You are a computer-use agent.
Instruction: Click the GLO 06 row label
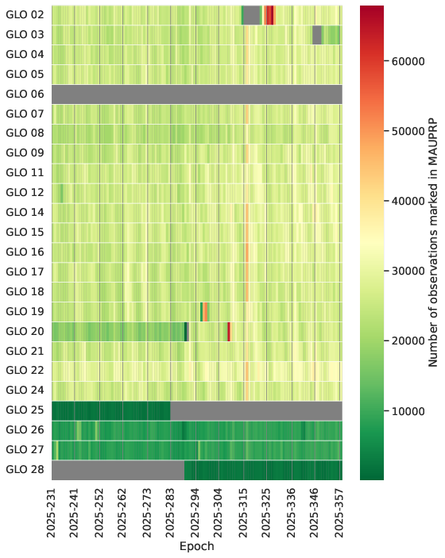click(x=25, y=94)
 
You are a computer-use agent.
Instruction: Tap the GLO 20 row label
click(x=25, y=331)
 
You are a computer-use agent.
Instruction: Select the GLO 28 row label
click(x=25, y=469)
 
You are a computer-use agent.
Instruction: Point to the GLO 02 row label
click(x=25, y=14)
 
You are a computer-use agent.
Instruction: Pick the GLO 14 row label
click(x=25, y=213)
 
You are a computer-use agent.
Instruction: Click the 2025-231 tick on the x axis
click(x=52, y=514)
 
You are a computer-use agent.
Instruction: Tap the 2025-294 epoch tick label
click(x=195, y=514)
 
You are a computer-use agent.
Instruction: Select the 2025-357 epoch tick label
click(x=339, y=514)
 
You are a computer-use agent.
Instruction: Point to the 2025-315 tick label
click(x=242, y=514)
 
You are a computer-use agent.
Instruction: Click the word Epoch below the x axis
click(x=196, y=546)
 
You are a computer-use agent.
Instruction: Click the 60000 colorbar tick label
click(x=408, y=62)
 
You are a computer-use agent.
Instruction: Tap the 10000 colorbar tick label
click(x=408, y=411)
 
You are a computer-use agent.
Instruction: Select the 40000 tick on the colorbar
click(x=408, y=202)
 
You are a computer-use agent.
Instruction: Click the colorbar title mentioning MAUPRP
click(x=432, y=243)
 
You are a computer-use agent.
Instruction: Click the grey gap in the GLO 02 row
click(x=252, y=15)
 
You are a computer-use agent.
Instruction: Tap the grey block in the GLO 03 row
click(x=317, y=35)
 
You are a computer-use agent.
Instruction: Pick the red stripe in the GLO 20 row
click(x=229, y=332)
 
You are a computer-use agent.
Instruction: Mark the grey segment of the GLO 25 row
click(x=256, y=411)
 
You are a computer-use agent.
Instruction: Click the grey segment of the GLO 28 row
click(x=118, y=471)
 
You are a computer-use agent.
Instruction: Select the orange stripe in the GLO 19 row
click(x=205, y=312)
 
